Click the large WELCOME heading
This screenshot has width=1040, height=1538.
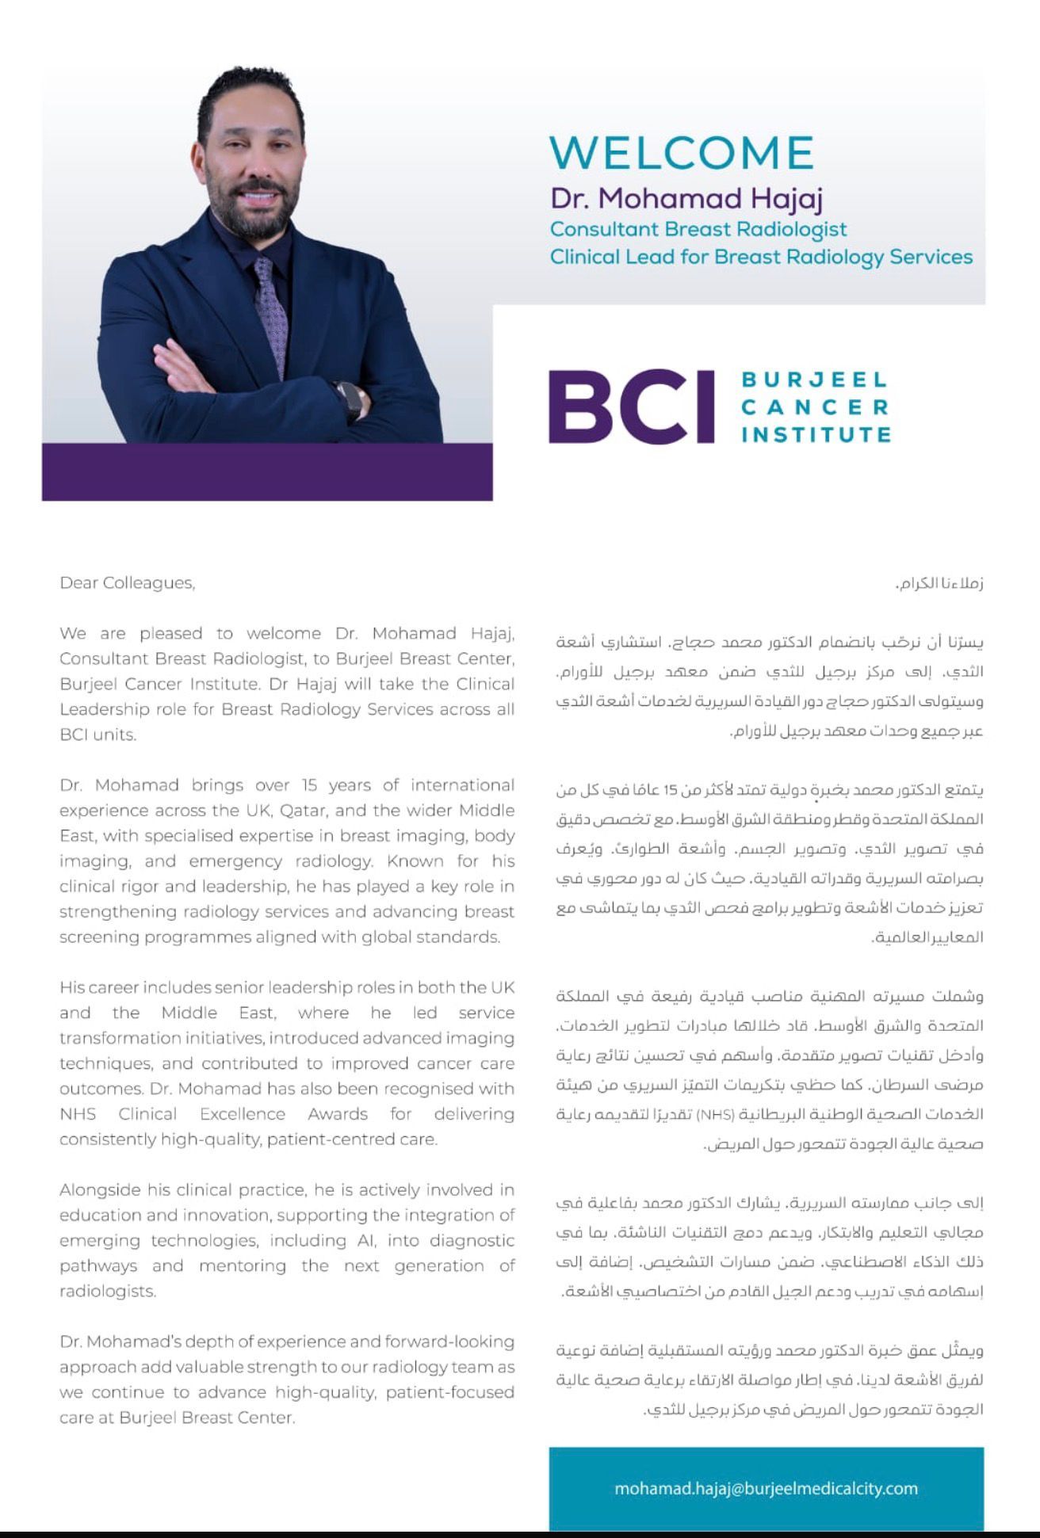coord(682,152)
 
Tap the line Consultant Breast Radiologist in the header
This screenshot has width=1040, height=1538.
coord(698,229)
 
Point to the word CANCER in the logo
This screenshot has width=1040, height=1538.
coord(816,407)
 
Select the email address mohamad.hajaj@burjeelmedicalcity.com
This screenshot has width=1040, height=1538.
coord(766,1488)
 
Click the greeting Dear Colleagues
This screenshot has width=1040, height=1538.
coord(127,583)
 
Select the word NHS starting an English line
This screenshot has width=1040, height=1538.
coord(78,1114)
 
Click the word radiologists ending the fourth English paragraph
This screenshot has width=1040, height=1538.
coord(107,1292)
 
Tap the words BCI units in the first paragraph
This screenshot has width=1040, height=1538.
coord(97,735)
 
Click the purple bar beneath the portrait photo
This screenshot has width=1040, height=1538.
coord(267,471)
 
